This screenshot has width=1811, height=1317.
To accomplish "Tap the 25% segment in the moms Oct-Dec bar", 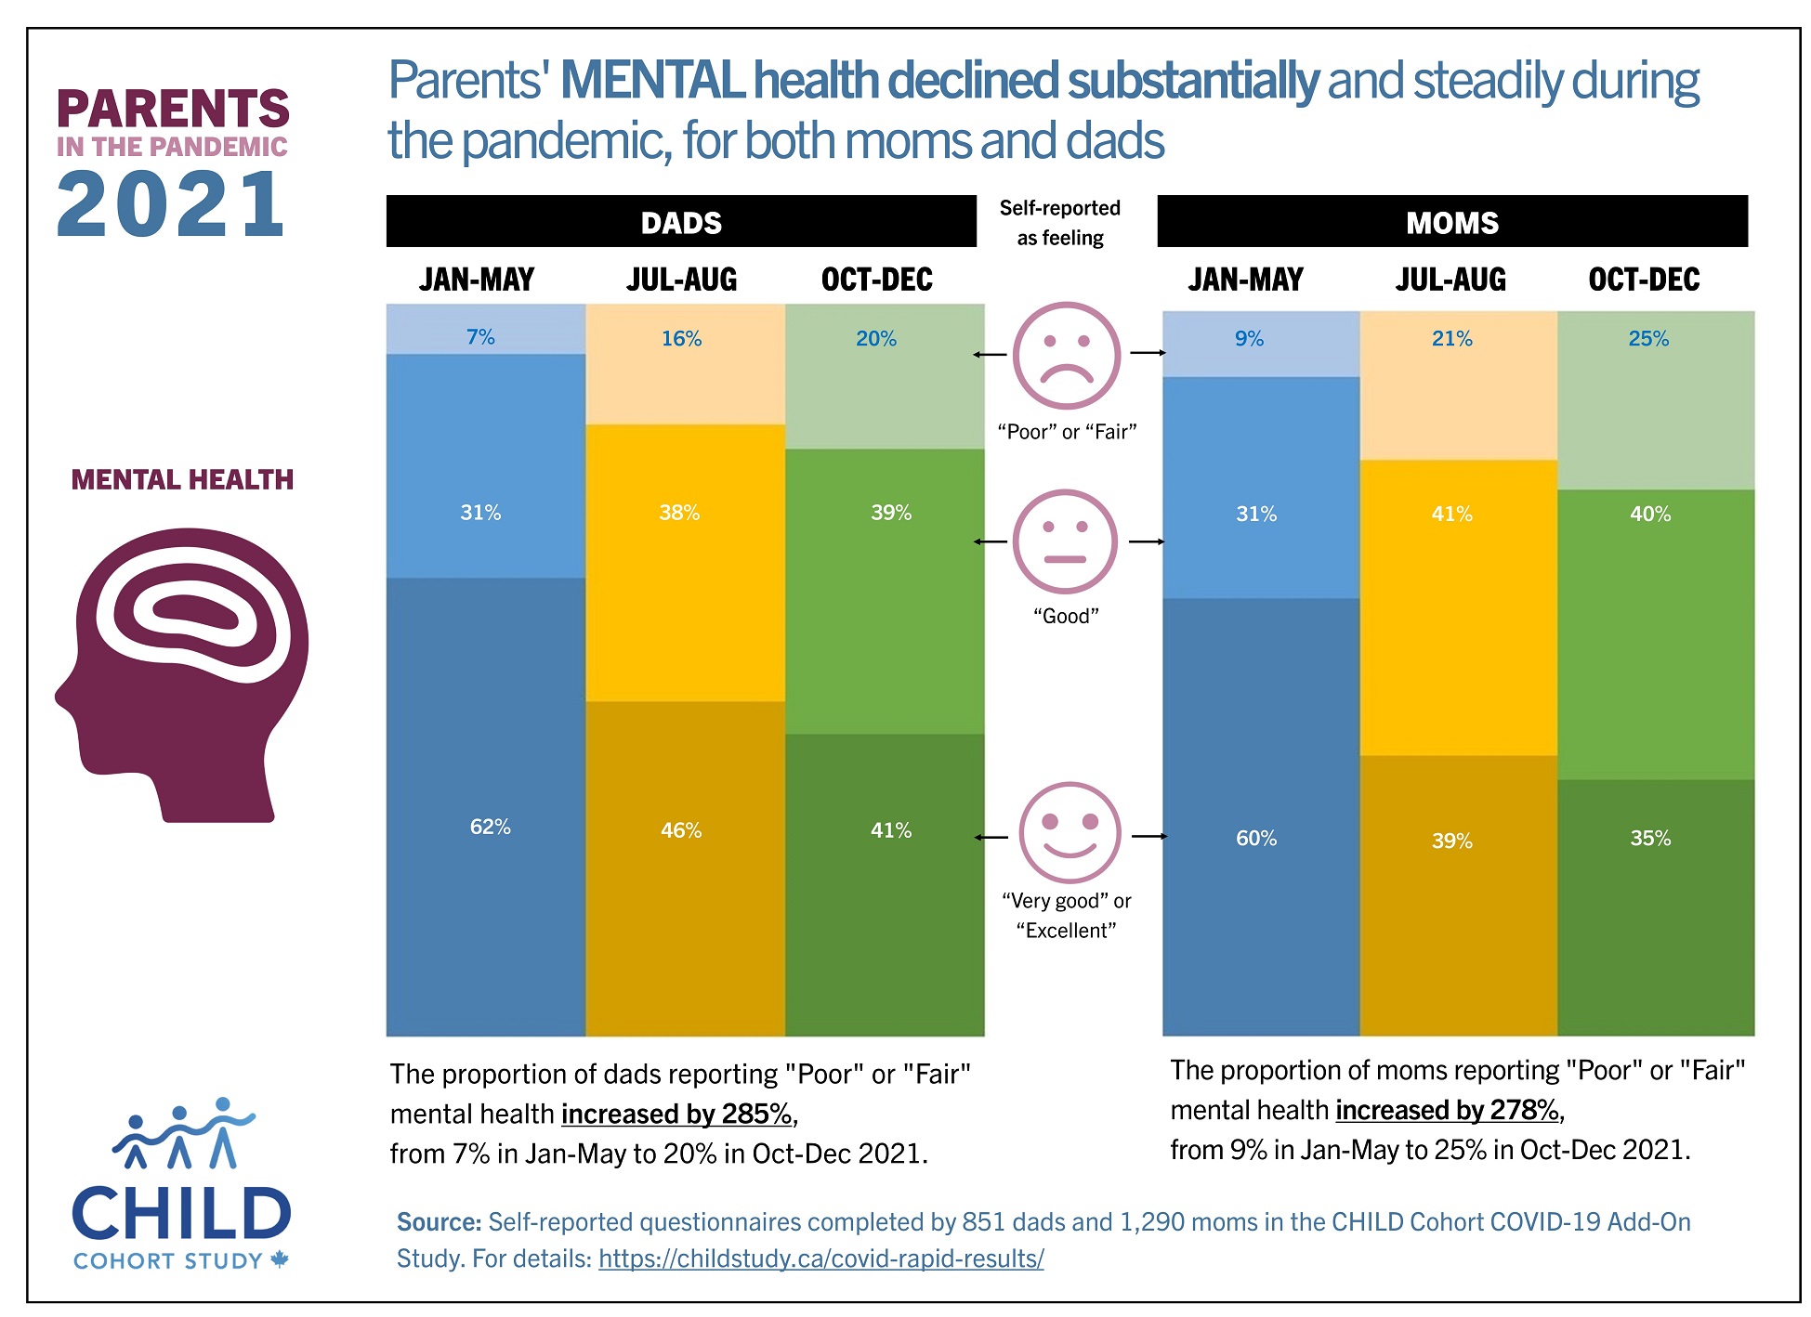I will (1655, 399).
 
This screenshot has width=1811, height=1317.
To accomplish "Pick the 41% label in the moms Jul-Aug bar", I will (1451, 514).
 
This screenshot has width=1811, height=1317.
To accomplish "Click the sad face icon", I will (1066, 356).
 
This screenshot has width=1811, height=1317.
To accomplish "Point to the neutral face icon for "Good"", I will (1065, 541).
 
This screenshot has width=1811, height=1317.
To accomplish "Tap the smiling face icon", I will (1070, 832).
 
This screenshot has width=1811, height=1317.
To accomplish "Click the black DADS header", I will (681, 222).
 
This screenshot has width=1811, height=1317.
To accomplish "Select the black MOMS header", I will (1451, 222).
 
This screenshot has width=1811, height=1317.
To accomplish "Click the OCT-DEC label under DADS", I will (876, 280).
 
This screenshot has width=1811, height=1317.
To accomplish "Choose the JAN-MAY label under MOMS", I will (1245, 280).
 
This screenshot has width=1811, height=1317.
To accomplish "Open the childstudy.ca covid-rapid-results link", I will (820, 1258).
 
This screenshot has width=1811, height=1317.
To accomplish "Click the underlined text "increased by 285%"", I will (677, 1114).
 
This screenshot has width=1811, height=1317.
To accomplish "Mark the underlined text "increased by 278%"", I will (1448, 1110).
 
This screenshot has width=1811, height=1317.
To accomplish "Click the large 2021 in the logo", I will (171, 205).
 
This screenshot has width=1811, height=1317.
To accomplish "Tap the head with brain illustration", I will (183, 675).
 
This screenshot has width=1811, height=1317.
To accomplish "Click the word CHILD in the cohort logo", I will (181, 1214).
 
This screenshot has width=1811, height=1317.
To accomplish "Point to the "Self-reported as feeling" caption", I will (1059, 222).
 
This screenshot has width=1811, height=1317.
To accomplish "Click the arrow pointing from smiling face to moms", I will (1148, 836).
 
